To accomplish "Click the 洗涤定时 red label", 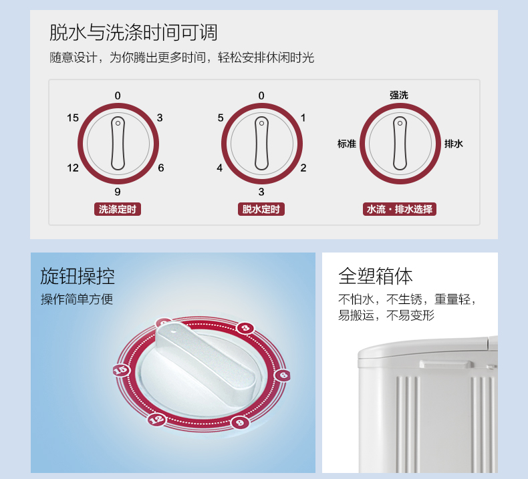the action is click(x=118, y=209).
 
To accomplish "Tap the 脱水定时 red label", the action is click(x=261, y=209).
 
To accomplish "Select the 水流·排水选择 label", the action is click(x=400, y=209).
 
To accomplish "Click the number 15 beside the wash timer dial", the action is click(x=73, y=118).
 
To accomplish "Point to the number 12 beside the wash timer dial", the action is click(x=73, y=168).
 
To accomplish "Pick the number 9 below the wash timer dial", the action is click(x=118, y=192).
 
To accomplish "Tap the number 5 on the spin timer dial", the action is click(x=221, y=118).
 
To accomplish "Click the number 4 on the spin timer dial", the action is click(x=219, y=168).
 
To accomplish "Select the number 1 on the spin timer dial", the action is click(x=303, y=118).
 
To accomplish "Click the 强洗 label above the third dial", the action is click(x=399, y=96).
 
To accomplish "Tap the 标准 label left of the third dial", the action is click(x=347, y=144).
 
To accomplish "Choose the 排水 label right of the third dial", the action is click(x=454, y=144).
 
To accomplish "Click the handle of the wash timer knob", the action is click(x=118, y=144).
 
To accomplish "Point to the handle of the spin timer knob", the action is click(x=261, y=144).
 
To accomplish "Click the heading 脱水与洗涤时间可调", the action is click(x=134, y=33).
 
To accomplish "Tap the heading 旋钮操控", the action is click(x=78, y=276).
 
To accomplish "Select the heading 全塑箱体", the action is click(x=376, y=276).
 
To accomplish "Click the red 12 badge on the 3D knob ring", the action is click(x=156, y=419).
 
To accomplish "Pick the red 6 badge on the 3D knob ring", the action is click(x=283, y=375).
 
